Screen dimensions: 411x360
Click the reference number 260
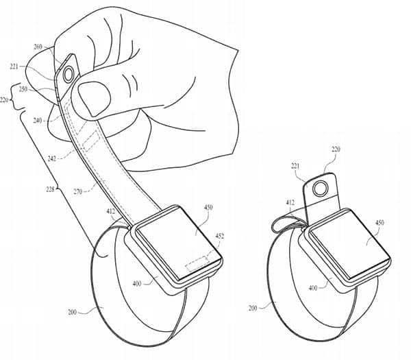tap(38, 47)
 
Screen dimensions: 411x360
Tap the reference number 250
tap(23, 89)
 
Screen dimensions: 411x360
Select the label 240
tap(38, 121)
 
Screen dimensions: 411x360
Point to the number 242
tap(52, 158)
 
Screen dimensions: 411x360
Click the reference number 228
tap(50, 189)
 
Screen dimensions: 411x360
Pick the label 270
tap(78, 192)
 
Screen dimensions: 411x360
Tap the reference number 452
tap(220, 236)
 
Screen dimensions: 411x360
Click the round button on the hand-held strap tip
tap(69, 74)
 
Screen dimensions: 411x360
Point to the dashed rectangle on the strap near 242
tap(91, 142)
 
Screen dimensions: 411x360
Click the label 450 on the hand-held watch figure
tap(208, 207)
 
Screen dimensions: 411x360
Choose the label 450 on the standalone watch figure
tap(379, 223)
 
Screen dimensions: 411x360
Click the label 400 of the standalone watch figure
tap(313, 288)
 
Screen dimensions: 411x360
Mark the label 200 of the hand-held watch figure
tap(72, 312)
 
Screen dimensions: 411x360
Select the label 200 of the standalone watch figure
tap(253, 308)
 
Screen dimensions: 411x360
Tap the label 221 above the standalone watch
tap(295, 166)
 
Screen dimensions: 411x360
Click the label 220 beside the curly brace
tap(4, 99)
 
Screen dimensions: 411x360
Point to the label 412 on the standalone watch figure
tap(290, 202)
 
